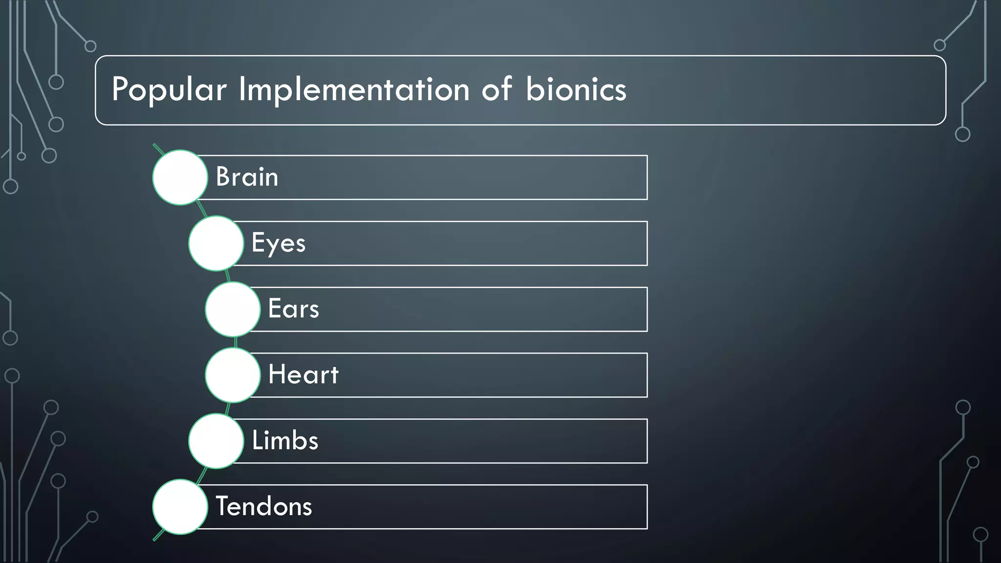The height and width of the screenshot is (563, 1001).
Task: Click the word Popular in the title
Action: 169,90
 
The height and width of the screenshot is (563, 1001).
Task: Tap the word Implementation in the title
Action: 354,90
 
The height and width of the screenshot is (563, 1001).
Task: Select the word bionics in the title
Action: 576,90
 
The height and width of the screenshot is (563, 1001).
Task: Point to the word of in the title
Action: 497,90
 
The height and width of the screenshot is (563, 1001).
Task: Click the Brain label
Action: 247,177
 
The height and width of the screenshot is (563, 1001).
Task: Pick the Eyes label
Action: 278,243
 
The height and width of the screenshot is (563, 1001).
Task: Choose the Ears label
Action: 293,309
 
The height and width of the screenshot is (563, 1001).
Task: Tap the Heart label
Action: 303,375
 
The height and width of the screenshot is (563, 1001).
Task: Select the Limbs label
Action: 285,441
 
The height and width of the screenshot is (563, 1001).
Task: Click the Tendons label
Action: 263,506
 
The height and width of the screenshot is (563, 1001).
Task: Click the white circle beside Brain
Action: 180,177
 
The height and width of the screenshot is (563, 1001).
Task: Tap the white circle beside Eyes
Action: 216,243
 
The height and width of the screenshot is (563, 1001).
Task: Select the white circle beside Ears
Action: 233,309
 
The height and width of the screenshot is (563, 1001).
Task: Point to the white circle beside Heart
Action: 233,375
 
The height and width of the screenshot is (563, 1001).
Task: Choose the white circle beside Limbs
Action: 216,441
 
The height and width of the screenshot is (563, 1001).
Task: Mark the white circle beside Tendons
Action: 180,507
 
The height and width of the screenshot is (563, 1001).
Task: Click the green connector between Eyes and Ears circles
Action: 228,276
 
